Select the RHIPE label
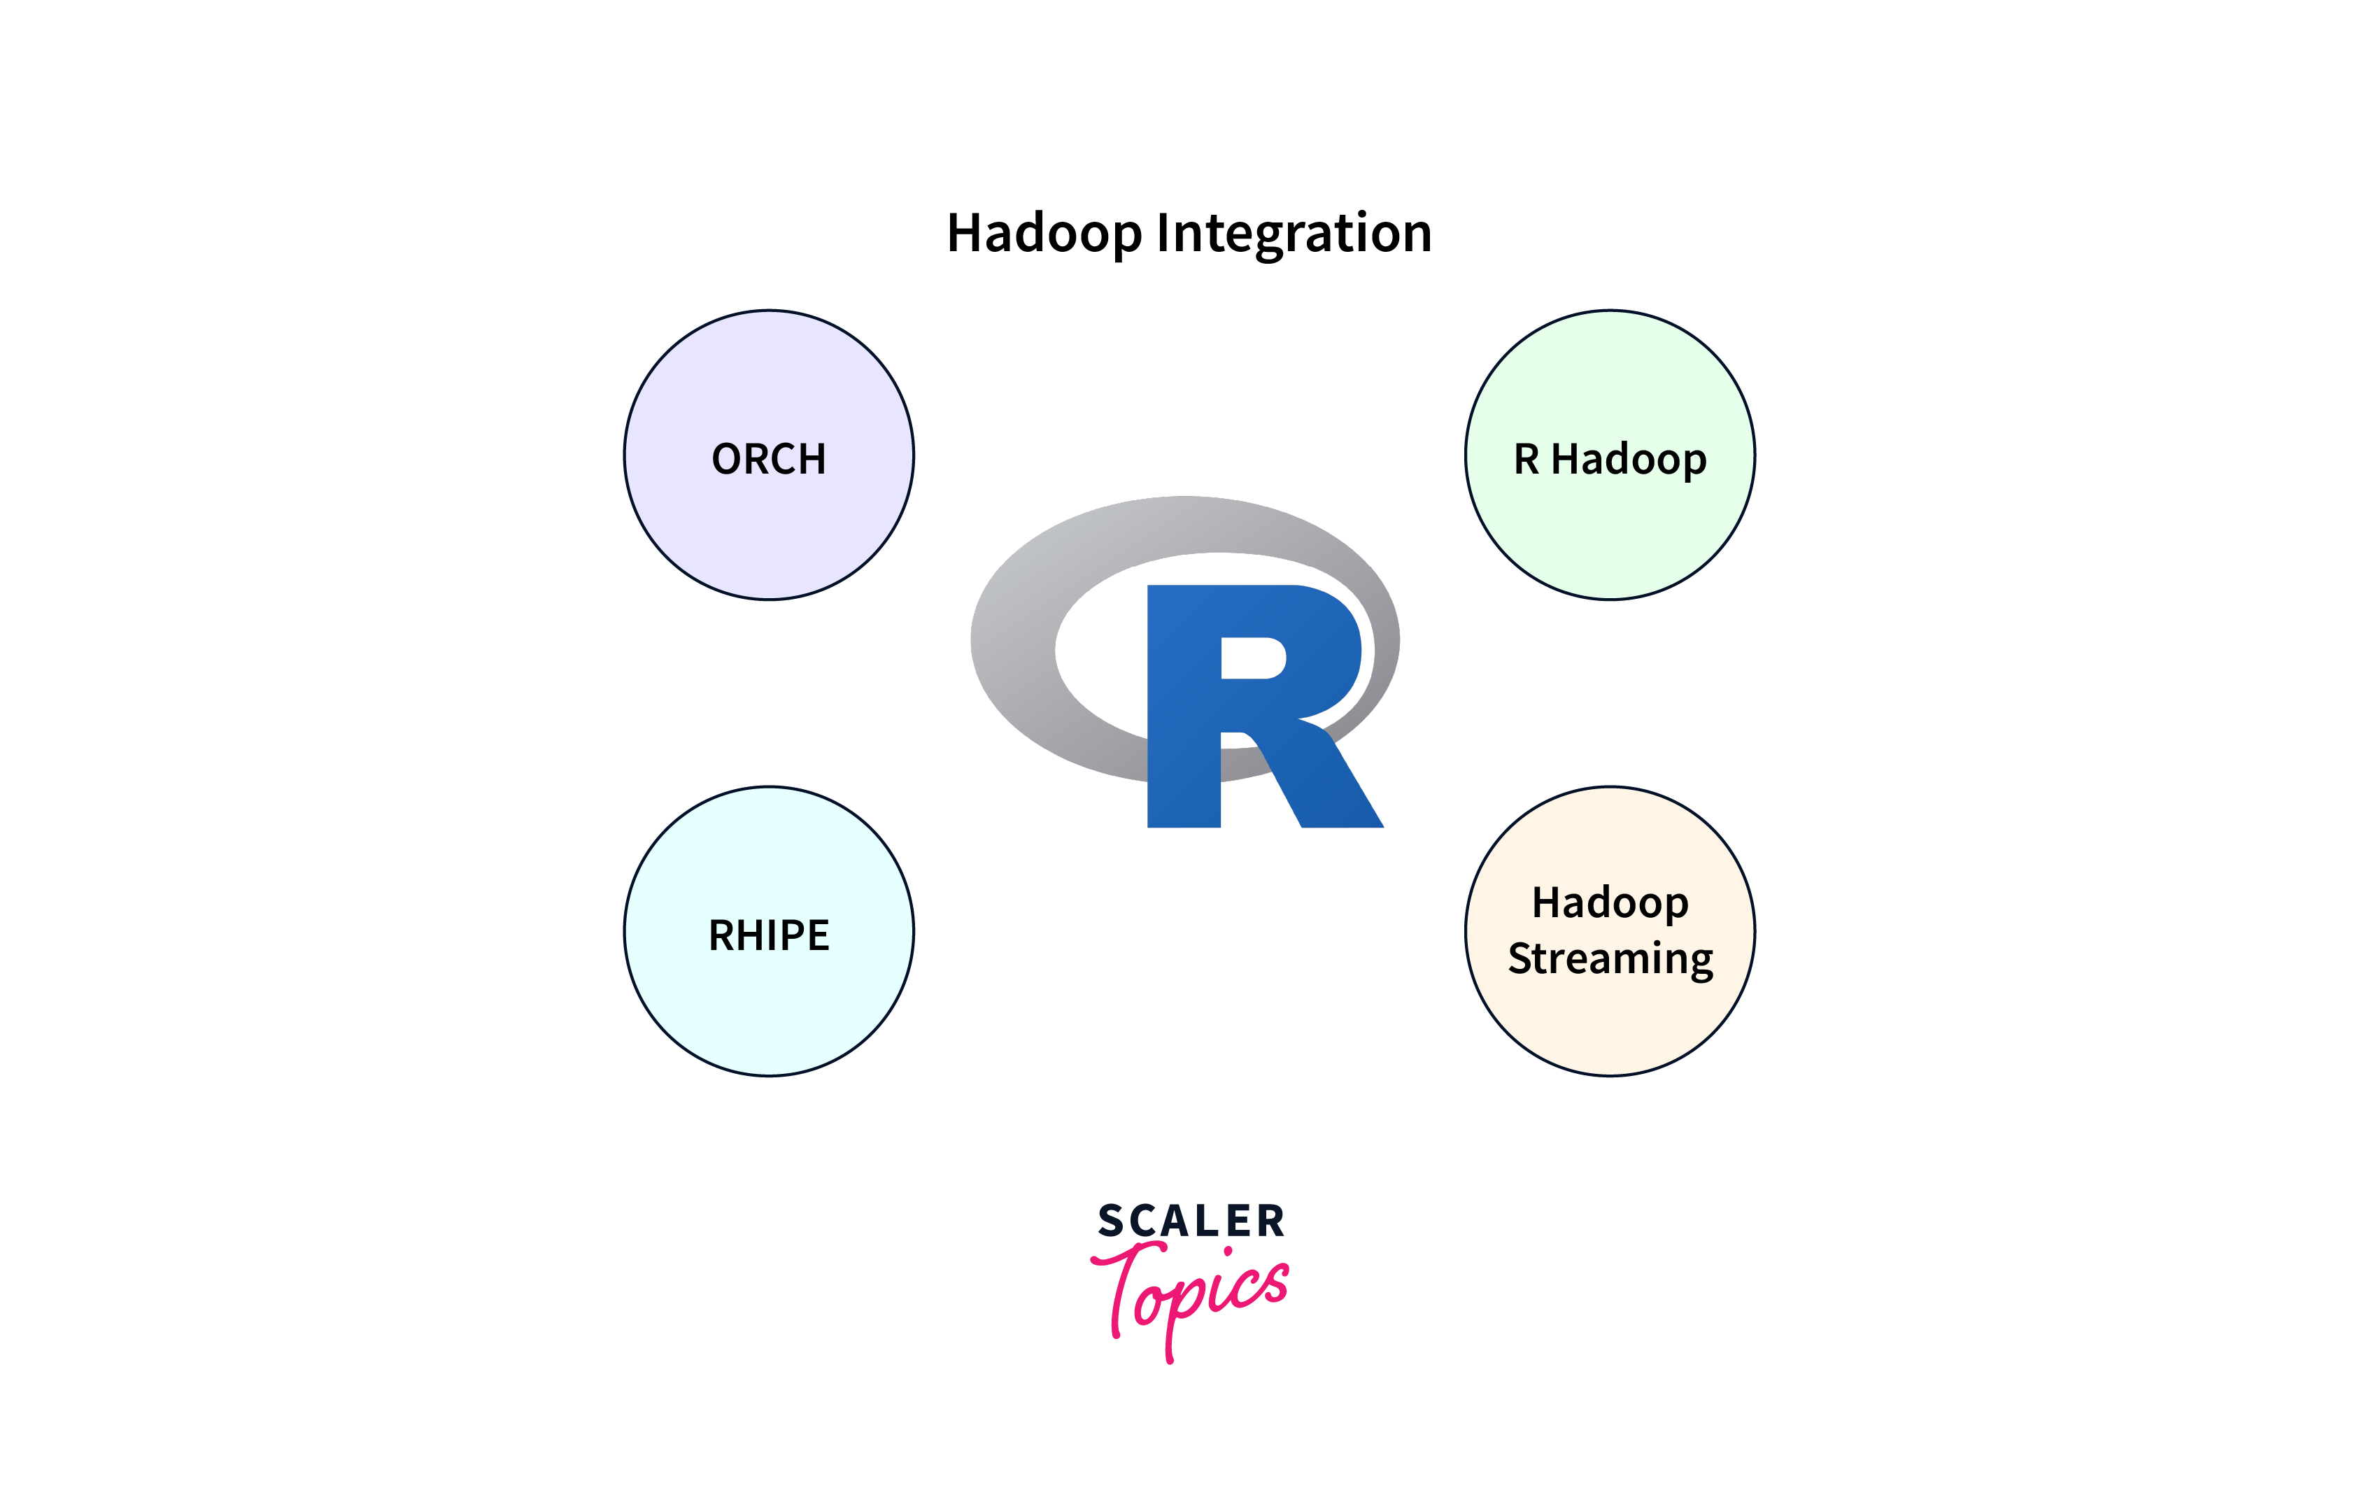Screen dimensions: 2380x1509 (x=769, y=935)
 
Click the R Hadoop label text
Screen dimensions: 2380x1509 (x=1610, y=460)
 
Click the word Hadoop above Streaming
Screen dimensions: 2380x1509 (x=1610, y=903)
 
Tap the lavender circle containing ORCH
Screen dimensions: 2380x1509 (x=769, y=455)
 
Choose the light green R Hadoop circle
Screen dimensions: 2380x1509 (x=1610, y=455)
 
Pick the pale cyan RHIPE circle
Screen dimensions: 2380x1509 (x=769, y=931)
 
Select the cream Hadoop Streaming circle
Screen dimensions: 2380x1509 (x=1610, y=931)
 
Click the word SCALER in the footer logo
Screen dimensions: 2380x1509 (x=1191, y=1221)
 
